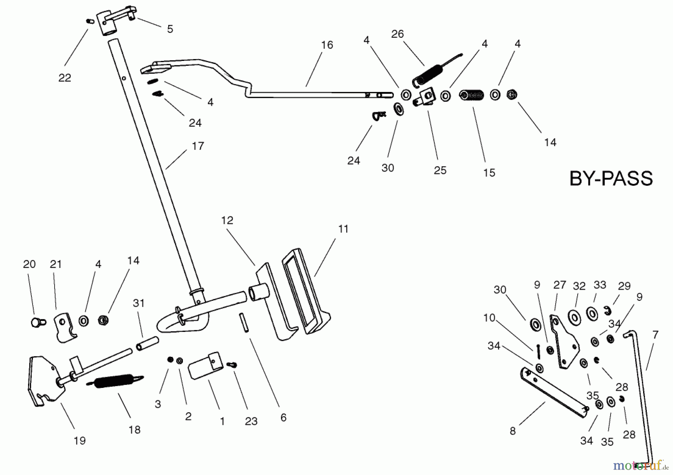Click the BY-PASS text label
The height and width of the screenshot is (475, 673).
tap(611, 178)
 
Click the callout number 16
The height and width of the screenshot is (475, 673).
tap(327, 45)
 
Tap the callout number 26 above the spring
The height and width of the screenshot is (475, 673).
tap(397, 34)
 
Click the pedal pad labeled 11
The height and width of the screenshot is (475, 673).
tap(306, 292)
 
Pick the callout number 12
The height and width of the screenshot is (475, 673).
tap(227, 220)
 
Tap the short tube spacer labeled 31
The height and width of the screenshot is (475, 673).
tap(147, 343)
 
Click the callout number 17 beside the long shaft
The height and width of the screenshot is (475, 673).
tap(198, 146)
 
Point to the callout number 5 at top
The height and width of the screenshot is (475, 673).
tap(170, 29)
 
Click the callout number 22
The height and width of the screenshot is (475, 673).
tap(65, 78)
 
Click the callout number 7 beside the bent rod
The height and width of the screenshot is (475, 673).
tap(655, 335)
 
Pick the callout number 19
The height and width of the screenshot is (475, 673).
tap(80, 441)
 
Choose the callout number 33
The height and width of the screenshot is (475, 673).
tap(600, 285)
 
